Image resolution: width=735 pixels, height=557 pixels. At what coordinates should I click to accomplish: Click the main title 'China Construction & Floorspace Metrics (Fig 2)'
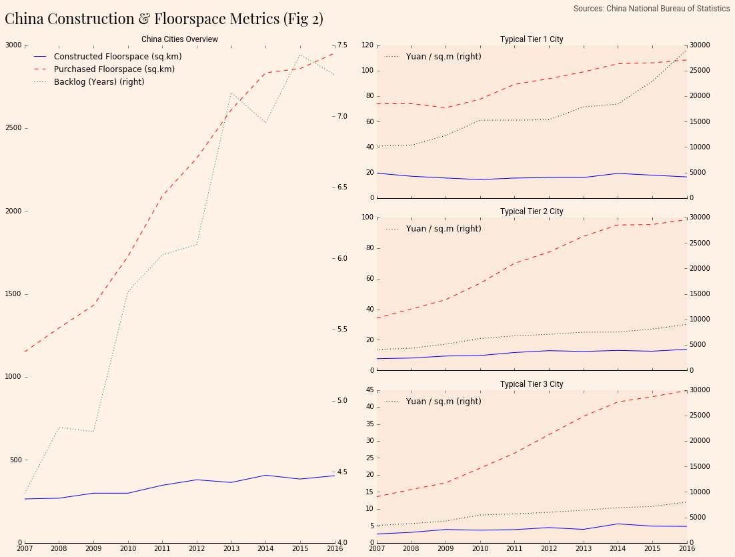pos(164,19)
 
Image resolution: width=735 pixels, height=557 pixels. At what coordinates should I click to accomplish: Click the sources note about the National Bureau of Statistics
pos(652,9)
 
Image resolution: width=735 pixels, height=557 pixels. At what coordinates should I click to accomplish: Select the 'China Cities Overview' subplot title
pos(179,39)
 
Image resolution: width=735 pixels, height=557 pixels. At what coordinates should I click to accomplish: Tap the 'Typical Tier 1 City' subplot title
pos(532,39)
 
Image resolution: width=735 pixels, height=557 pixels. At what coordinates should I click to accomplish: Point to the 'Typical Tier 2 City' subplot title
pos(532,211)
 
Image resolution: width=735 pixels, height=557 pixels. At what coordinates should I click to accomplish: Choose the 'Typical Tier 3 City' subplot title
pos(532,384)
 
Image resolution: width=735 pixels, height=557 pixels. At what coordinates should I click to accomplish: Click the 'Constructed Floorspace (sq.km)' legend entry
pos(117,57)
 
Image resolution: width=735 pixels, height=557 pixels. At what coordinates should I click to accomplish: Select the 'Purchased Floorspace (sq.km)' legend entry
pos(114,69)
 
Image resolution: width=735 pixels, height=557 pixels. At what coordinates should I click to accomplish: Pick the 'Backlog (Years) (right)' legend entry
pos(99,82)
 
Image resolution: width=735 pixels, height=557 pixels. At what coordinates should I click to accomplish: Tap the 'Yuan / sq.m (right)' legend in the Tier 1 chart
pos(443,57)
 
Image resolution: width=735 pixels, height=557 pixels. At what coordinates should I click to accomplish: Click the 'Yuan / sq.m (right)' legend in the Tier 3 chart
pos(443,402)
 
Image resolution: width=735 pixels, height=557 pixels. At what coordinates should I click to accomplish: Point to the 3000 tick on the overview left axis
pos(13,45)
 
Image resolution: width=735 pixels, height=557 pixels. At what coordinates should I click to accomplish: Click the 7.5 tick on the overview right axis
pos(342,45)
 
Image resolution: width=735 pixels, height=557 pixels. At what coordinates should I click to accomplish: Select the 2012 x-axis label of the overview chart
pos(196,548)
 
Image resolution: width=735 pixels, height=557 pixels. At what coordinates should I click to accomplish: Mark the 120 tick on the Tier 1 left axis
pos(367,45)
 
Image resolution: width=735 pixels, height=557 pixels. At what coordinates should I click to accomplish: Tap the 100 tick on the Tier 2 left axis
pos(367,217)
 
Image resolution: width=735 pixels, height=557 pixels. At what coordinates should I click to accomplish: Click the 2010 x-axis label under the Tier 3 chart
pos(480,548)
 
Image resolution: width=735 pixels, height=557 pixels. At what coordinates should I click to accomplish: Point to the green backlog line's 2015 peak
pos(300,55)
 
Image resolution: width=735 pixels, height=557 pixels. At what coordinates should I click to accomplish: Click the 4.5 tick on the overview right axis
pos(342,472)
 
